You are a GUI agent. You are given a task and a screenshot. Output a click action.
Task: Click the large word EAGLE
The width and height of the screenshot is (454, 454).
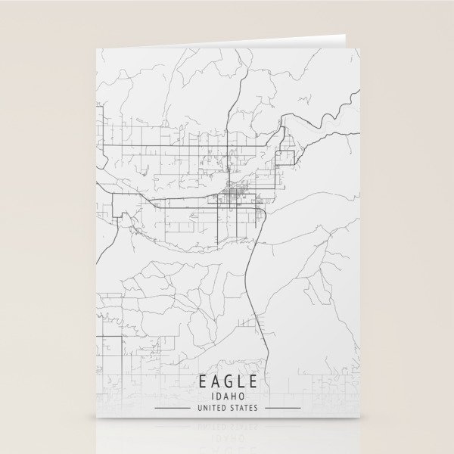tap(228, 380)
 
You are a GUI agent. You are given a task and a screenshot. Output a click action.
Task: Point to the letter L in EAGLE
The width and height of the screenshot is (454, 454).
tap(241, 380)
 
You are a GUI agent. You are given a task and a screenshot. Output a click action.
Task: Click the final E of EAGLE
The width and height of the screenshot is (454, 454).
tap(253, 380)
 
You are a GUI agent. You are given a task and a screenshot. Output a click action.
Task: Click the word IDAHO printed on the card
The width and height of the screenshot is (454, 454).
tap(228, 395)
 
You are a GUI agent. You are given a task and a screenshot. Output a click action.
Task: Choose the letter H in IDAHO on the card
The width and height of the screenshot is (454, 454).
tap(233, 395)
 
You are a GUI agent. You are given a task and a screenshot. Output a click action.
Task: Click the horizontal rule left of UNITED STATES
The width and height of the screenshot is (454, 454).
tap(173, 409)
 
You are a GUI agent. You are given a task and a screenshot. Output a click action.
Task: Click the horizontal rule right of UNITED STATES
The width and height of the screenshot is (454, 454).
tap(281, 409)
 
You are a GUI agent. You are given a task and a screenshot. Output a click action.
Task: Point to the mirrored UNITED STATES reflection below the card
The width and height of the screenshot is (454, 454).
tap(228, 426)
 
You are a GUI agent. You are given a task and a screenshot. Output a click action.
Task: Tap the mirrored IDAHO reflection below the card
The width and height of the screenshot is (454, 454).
tap(228, 437)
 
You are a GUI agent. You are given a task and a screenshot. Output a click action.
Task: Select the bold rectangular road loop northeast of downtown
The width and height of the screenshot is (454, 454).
tap(286, 158)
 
